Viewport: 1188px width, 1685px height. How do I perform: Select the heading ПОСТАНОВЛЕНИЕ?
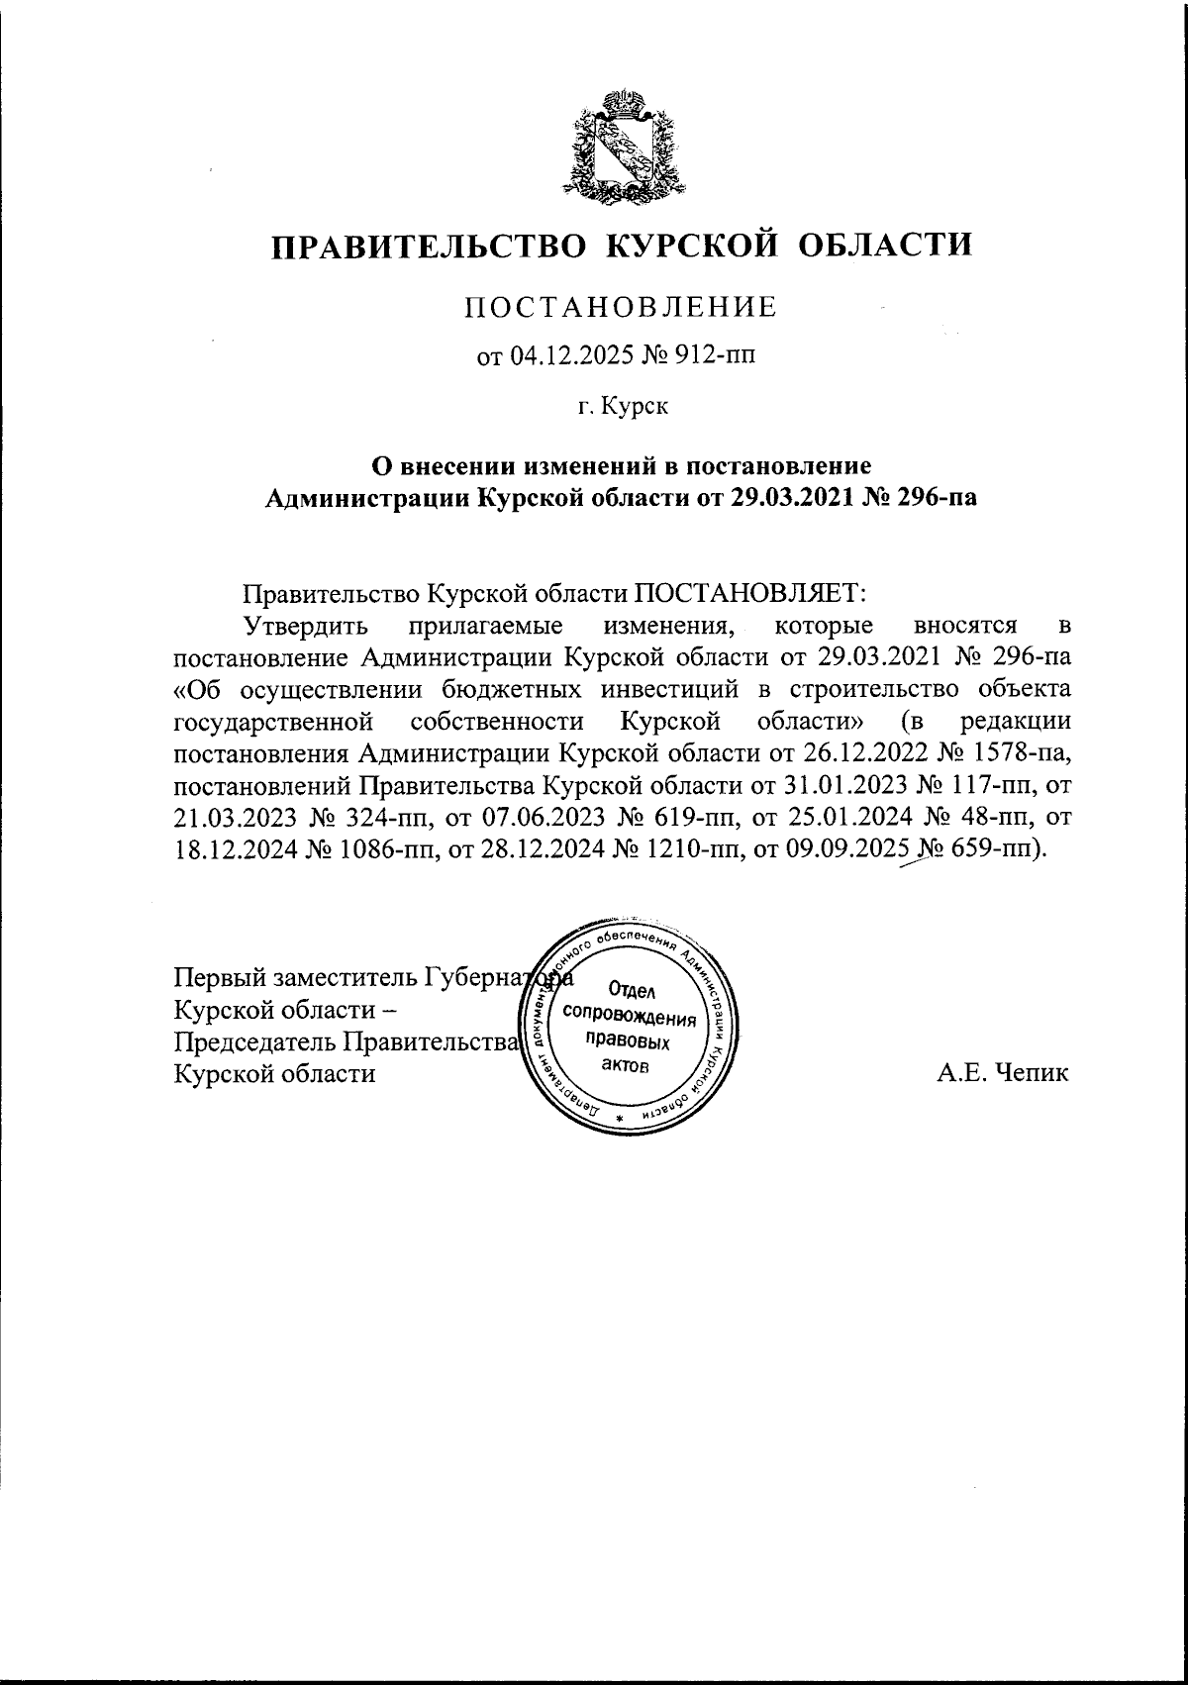pos(622,308)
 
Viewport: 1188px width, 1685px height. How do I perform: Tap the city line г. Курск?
pos(624,405)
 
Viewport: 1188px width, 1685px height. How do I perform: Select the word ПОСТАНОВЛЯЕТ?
pos(749,593)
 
